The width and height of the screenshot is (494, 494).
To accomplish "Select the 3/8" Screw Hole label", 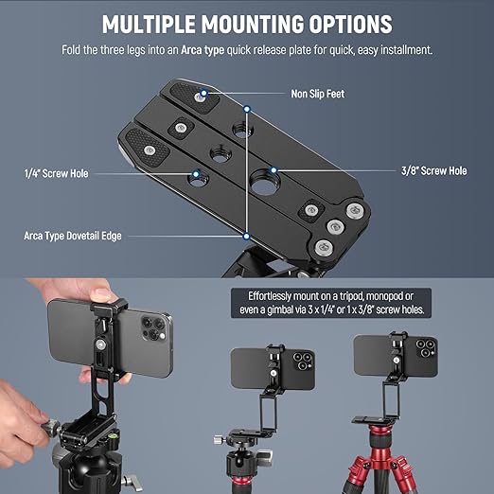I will pos(433,170).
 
